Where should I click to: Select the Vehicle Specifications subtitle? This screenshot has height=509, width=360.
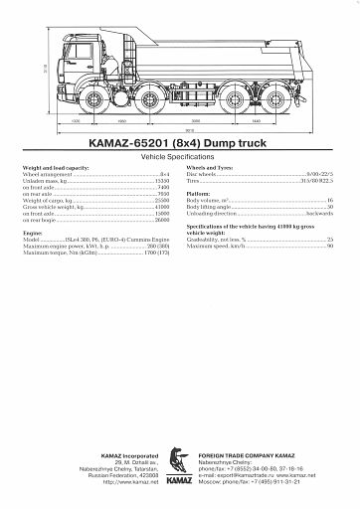pos(179,157)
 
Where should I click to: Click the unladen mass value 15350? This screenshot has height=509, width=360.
pos(162,180)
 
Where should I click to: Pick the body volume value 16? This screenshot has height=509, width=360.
pos(329,200)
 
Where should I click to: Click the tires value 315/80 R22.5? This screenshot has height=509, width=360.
pos(317,181)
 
